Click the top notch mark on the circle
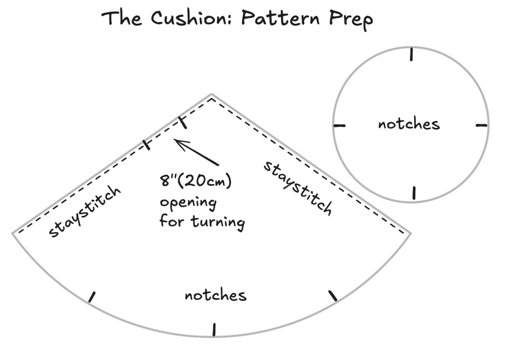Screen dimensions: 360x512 [411, 54]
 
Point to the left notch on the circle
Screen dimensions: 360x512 [339, 125]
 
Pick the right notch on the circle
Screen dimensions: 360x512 [482, 124]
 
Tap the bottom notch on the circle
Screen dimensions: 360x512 [413, 193]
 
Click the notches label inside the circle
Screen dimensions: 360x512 [408, 124]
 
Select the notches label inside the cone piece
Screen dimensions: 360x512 [215, 295]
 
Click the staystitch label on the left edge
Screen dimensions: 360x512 [86, 212]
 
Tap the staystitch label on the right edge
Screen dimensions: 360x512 [298, 188]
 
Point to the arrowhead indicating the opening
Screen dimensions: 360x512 [177, 141]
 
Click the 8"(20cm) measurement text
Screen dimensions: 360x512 [196, 182]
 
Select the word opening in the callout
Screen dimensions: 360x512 [188, 203]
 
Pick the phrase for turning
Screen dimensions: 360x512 [202, 222]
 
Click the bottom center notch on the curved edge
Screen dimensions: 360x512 [214, 329]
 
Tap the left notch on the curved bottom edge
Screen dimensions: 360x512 [91, 297]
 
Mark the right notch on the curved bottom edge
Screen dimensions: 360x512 [333, 296]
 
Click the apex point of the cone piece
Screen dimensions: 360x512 [211, 94]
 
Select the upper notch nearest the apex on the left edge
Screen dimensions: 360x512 [182, 122]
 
